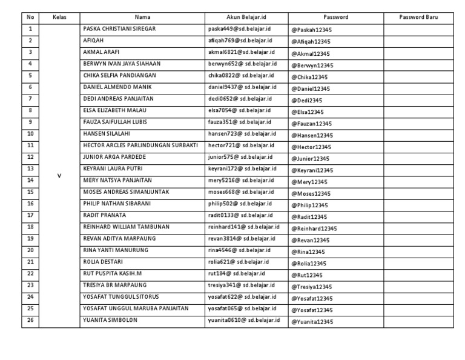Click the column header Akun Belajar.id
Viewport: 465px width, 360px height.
point(246,17)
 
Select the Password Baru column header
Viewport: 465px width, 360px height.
point(418,17)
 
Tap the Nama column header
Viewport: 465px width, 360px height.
point(142,17)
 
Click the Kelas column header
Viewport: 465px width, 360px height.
point(59,17)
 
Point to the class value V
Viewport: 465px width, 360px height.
point(59,176)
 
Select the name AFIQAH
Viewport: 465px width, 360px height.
point(93,41)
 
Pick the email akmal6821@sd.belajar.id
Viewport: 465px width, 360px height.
point(239,52)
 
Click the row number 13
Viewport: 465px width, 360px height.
point(30,168)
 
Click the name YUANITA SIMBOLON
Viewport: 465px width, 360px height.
point(110,320)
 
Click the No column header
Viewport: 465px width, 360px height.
point(30,17)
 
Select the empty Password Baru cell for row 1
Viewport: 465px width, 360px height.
point(418,29)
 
